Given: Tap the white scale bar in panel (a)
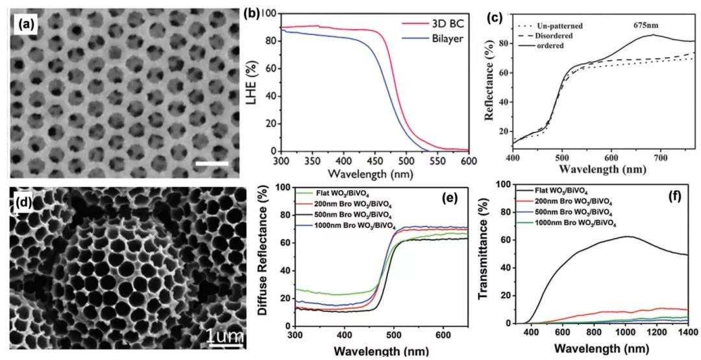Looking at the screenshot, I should click(212, 163).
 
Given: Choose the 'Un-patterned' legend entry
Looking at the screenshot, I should click(552, 25).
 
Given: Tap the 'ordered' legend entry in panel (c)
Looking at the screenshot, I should click(546, 45).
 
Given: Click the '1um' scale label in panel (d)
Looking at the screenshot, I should click(225, 336).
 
